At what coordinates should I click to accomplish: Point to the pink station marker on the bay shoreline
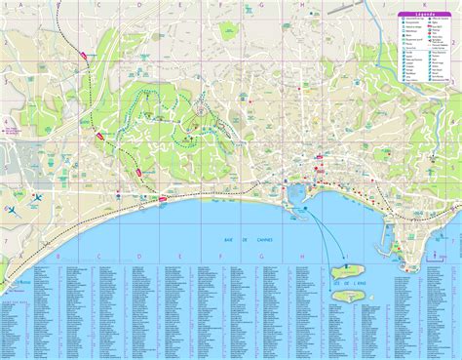[162, 198]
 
